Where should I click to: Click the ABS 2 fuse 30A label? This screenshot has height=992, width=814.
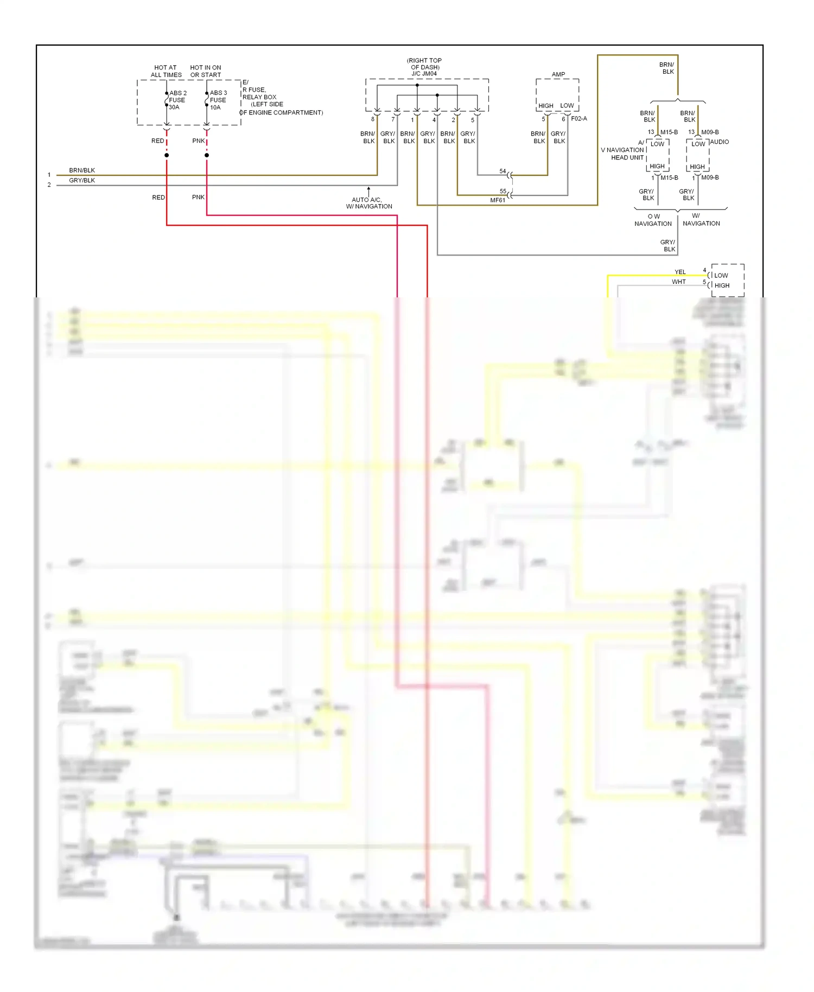coord(177,100)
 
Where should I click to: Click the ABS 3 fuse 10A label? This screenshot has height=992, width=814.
coord(218,100)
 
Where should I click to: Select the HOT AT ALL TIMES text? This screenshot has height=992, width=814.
coord(166,71)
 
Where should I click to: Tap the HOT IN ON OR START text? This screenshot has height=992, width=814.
coord(206,71)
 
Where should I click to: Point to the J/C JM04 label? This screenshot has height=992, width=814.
coord(424,74)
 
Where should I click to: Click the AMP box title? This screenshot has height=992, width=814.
coord(558,74)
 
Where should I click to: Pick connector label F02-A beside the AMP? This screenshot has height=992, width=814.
coord(578,118)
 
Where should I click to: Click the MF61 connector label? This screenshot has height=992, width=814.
coord(497,200)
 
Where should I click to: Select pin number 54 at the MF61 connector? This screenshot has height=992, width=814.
coord(503,171)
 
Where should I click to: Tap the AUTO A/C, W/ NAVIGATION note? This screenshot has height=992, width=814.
coord(369,203)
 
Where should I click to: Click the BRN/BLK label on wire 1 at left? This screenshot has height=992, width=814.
coord(82,170)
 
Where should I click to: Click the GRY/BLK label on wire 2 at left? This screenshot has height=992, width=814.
coord(82,180)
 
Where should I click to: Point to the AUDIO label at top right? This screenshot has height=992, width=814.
coord(719,142)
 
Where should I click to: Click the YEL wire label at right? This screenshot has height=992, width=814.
coord(680,272)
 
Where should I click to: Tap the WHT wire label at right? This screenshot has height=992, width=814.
coord(678,282)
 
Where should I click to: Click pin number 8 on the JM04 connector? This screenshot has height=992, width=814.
coord(372,119)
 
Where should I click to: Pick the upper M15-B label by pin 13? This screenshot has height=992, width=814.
coord(669,132)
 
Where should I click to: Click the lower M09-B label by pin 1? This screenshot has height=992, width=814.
coord(710,177)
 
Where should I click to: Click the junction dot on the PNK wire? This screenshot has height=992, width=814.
coord(207,155)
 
